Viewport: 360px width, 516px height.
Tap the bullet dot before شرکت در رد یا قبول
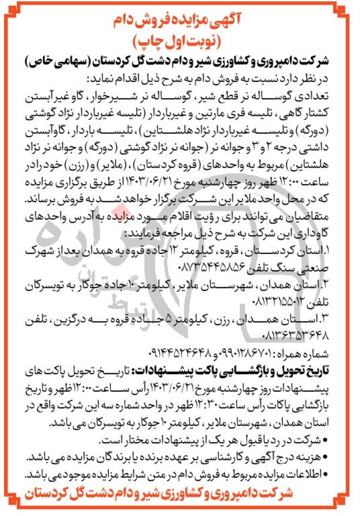[349, 438]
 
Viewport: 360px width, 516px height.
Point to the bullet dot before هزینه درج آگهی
[349, 454]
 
